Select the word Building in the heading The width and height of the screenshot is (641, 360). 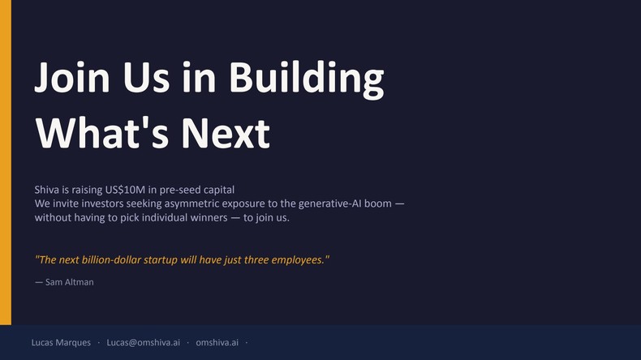point(306,78)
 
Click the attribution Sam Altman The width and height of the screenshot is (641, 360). point(69,281)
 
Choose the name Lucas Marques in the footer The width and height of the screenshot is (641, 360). point(61,343)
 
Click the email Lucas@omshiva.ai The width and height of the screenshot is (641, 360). point(143,343)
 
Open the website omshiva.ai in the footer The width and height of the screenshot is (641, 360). point(217,343)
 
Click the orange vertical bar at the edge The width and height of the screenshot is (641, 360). point(5,162)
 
